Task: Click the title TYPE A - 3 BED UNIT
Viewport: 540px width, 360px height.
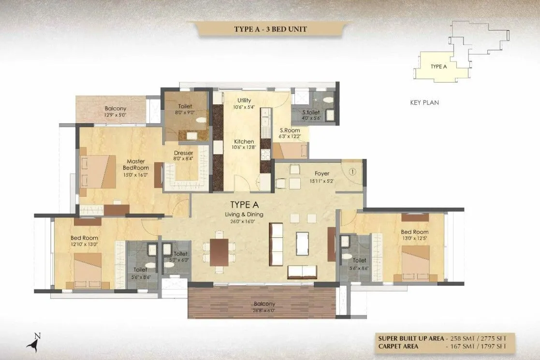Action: point(270,29)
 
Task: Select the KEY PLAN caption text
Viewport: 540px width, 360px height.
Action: point(424,103)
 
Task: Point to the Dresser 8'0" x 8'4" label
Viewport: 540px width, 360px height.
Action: point(183,155)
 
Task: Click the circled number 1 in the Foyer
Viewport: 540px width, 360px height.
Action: point(352,171)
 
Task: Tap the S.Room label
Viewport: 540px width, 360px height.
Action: point(290,133)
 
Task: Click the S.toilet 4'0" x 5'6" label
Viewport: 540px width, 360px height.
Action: point(311,115)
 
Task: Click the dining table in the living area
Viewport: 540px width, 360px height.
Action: point(219,252)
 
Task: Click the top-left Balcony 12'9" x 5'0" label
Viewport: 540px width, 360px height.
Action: point(116,112)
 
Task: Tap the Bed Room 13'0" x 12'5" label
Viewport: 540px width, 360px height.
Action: point(415,234)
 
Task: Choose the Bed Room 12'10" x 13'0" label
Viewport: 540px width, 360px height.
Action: point(84,241)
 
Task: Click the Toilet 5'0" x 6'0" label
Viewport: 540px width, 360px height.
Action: point(180,257)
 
